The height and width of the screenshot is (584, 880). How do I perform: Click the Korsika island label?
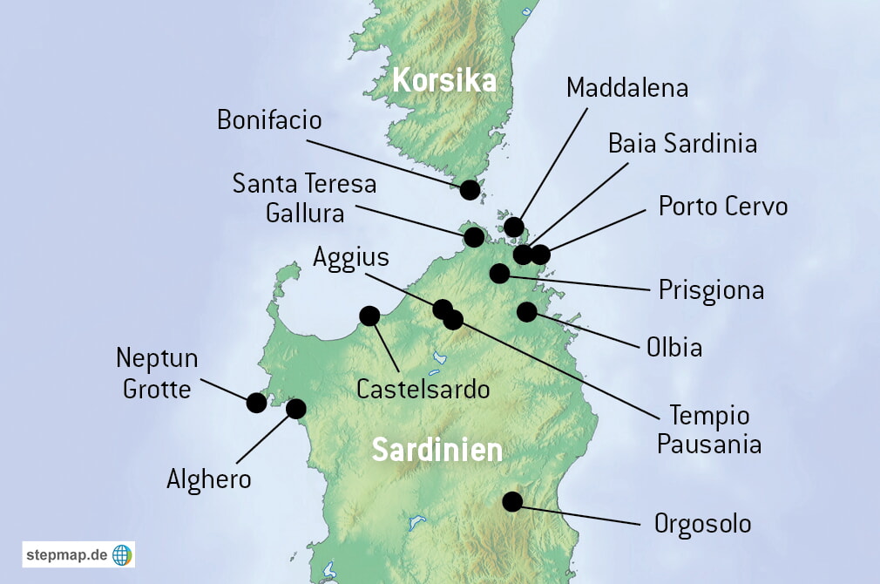tap(444, 81)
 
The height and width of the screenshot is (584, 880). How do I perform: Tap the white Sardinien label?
tap(437, 451)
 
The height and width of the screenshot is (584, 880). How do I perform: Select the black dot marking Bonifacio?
tap(470, 189)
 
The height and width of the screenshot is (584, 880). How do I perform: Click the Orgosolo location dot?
tap(512, 501)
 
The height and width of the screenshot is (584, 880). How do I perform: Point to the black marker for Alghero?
tap(296, 408)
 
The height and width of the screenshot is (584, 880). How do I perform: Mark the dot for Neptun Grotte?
tap(256, 402)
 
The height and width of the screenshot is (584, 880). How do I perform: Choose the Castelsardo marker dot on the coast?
tap(369, 316)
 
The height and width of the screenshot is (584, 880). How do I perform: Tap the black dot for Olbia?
tap(527, 311)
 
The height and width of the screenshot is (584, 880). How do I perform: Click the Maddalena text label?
tap(626, 88)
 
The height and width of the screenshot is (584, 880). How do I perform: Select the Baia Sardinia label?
tap(682, 143)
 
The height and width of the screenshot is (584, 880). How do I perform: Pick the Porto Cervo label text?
tap(722, 207)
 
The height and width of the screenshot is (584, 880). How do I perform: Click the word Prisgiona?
tap(711, 289)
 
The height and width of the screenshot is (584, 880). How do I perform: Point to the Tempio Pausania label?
tap(708, 430)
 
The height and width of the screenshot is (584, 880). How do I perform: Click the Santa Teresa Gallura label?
tap(304, 198)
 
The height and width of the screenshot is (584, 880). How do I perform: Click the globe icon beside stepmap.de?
tap(122, 554)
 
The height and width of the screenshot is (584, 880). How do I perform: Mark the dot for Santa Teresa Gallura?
tap(474, 236)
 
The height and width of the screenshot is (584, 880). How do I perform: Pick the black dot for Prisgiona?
tap(499, 274)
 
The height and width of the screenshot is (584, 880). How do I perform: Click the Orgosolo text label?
tap(702, 524)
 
